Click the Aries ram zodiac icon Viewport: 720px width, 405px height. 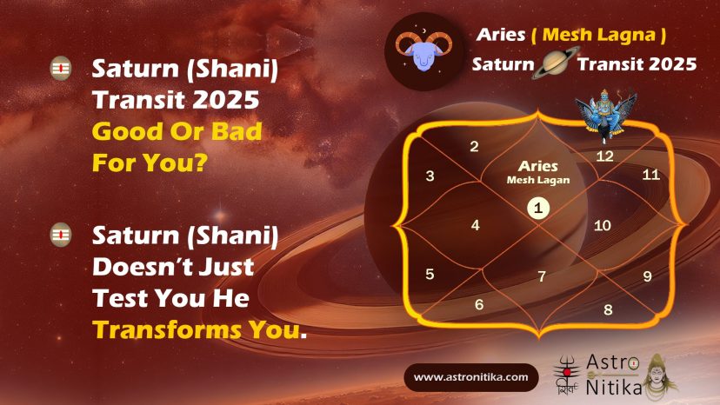423,51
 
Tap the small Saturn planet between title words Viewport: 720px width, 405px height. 556,63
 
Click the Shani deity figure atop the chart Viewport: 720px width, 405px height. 606,116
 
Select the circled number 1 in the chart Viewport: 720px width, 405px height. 538,208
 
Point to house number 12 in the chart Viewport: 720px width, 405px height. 604,156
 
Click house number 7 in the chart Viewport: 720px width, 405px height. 542,276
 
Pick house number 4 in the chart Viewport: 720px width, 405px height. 476,225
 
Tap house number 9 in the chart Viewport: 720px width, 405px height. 647,276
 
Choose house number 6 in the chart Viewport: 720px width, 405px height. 479,304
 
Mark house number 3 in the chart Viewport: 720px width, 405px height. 430,176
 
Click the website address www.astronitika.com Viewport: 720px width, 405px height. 470,377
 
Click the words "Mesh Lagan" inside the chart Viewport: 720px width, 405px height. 538,180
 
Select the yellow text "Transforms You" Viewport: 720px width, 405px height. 196,329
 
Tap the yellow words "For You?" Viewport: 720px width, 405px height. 150,163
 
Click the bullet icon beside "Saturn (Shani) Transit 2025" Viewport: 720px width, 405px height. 61,69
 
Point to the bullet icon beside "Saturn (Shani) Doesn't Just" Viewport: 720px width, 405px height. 61,235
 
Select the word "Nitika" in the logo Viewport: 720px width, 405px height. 613,387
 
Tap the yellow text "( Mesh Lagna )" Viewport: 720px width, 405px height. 598,35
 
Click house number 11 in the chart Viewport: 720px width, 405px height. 650,175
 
